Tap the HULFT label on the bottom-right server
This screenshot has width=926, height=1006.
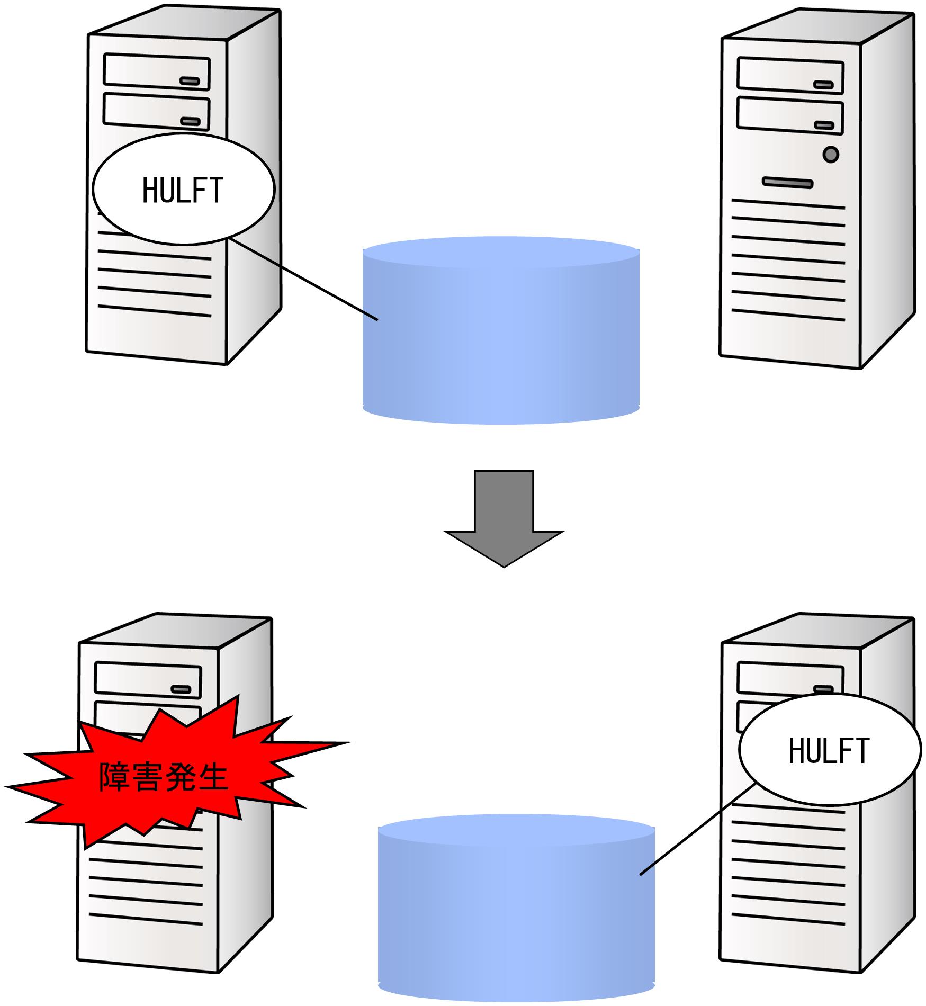point(829,750)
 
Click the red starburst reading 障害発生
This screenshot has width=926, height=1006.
point(164,778)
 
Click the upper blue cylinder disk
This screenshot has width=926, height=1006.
point(501,331)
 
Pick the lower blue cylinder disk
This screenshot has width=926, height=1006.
point(516,908)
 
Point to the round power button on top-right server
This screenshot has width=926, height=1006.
point(831,155)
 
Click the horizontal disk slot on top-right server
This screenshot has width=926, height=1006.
point(787,183)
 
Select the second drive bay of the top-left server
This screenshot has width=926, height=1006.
point(157,111)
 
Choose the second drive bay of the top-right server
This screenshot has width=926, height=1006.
point(790,116)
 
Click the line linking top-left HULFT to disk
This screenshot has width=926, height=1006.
point(304,280)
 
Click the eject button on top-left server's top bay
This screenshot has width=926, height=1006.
point(190,81)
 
